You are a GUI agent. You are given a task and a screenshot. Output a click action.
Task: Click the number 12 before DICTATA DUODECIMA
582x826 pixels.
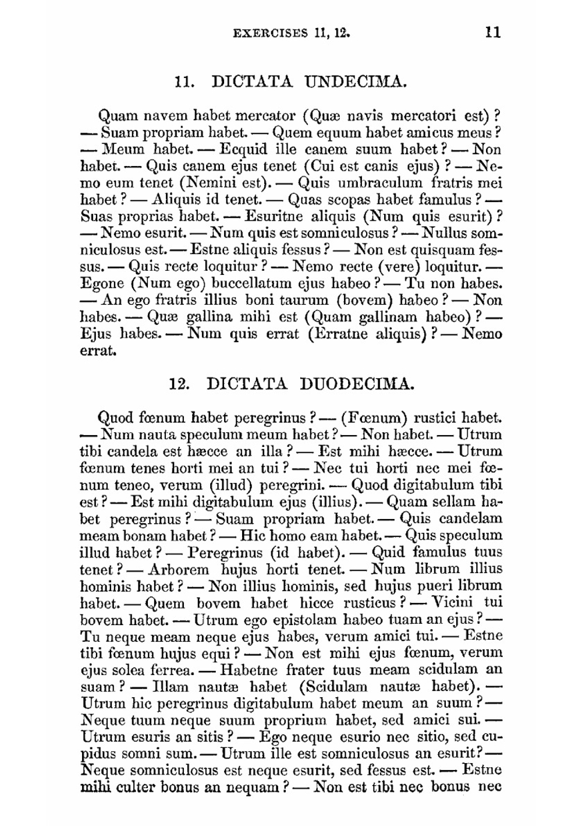pos(179,384)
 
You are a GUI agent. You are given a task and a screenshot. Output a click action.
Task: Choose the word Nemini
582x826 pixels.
pos(210,183)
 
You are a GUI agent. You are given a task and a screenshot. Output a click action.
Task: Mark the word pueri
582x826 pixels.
pos(435,586)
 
